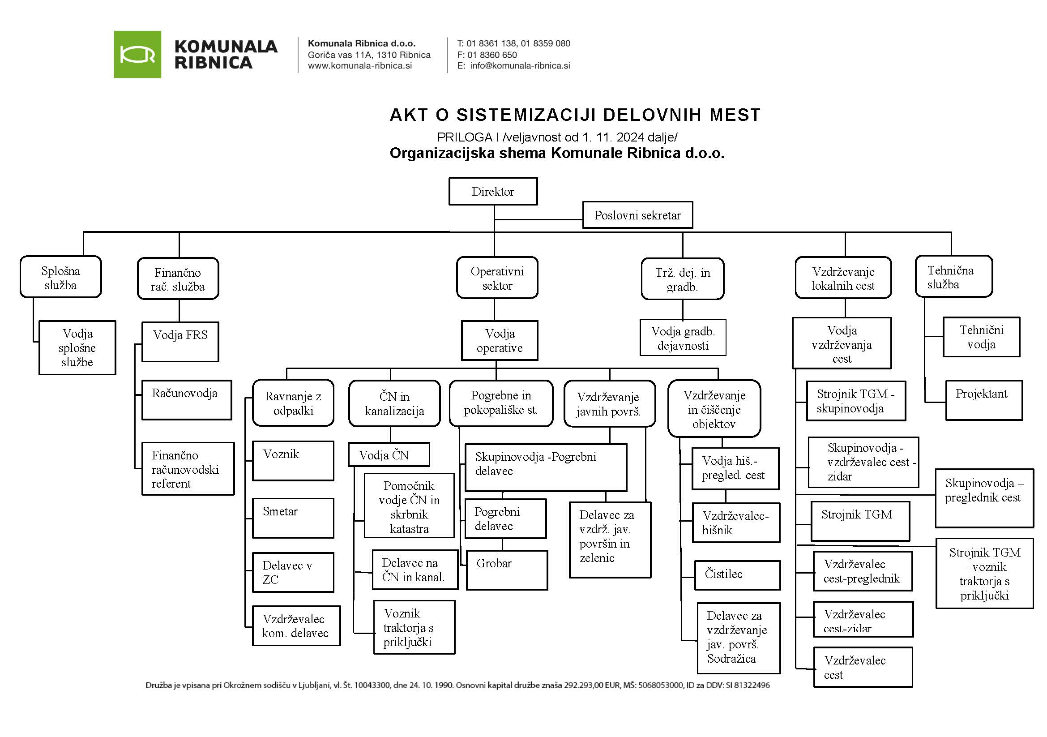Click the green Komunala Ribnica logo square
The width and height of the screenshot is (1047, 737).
click(137, 54)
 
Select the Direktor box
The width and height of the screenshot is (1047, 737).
click(493, 191)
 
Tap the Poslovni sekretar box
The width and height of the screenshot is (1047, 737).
click(637, 215)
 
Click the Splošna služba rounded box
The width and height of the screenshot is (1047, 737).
click(60, 277)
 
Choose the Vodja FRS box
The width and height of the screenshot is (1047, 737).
click(180, 341)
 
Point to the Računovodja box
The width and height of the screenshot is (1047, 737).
click(187, 399)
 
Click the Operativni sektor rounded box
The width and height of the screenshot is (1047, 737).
click(497, 278)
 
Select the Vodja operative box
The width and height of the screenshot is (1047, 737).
click(500, 340)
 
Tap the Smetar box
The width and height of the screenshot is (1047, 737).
click(293, 518)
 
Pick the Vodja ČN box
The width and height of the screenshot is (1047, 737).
click(389, 455)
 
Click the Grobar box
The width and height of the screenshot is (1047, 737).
click(507, 570)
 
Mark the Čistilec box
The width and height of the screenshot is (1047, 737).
click(737, 574)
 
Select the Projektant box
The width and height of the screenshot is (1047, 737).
click(984, 400)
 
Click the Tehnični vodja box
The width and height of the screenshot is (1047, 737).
click(981, 337)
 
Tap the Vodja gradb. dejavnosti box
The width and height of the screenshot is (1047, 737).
click(683, 338)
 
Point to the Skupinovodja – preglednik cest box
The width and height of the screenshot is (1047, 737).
click(984, 497)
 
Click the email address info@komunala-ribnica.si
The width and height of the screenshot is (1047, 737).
click(520, 66)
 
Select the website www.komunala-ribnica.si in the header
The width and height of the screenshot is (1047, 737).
click(360, 66)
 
